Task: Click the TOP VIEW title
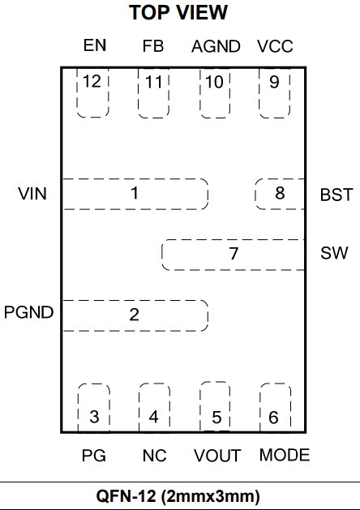(178, 13)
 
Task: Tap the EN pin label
(95, 45)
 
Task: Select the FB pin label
(153, 46)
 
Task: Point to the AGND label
(216, 46)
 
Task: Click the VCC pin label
(275, 46)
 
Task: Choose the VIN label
(32, 194)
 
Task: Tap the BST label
(336, 195)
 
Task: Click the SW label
(334, 253)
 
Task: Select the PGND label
(28, 312)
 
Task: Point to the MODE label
(285, 455)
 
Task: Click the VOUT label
(217, 456)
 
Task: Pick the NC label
(155, 456)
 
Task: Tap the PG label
(94, 456)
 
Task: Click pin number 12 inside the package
(92, 81)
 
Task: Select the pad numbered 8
(280, 194)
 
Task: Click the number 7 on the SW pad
(234, 254)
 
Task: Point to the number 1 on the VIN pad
(135, 193)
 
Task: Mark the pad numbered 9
(275, 92)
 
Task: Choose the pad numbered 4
(154, 408)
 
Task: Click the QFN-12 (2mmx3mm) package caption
(178, 496)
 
